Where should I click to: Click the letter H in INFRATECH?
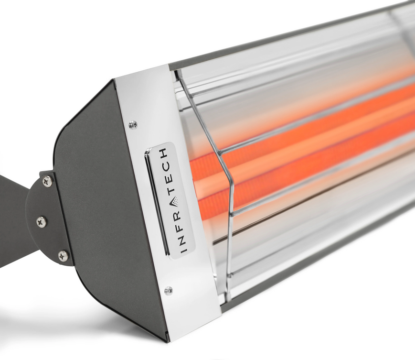pos(164,154)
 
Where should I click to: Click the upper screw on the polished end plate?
pos(133,125)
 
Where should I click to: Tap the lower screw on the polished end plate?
pos(168,290)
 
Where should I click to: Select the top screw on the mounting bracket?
pos(47,181)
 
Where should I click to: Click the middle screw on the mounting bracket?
pos(42,221)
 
